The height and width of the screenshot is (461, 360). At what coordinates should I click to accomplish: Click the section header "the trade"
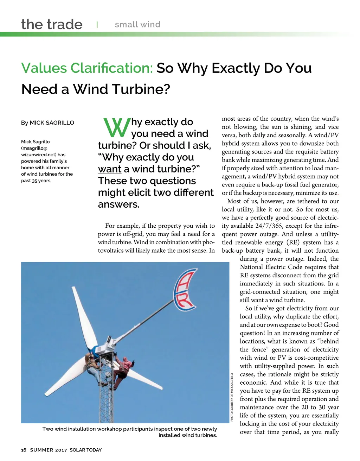click(52, 25)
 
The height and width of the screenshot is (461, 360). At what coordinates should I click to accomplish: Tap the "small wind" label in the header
click(137, 25)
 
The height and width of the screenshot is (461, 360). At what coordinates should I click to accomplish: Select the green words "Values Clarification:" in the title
click(87, 68)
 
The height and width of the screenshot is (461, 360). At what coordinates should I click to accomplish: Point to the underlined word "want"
click(110, 169)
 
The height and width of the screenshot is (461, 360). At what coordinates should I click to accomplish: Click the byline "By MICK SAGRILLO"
click(47, 123)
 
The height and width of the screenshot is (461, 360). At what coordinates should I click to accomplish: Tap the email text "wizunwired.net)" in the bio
click(38, 154)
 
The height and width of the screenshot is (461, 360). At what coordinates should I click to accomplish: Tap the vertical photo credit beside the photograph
click(232, 397)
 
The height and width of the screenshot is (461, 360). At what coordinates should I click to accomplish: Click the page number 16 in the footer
click(24, 450)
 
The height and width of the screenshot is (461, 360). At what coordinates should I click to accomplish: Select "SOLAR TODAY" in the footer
click(85, 450)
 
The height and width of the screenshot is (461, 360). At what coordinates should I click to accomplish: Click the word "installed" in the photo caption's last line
click(170, 435)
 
